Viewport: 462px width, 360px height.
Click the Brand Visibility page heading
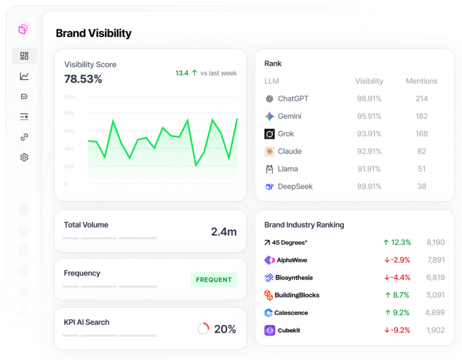point(93,34)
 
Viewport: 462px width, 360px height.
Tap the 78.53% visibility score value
point(83,79)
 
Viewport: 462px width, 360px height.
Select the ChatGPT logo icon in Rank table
point(269,99)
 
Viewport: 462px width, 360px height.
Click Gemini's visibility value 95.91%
point(369,116)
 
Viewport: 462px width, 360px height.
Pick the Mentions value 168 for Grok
point(421,134)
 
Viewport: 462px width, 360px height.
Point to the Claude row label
point(290,151)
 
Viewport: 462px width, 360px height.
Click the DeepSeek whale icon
point(269,187)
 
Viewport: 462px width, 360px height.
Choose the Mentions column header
point(421,81)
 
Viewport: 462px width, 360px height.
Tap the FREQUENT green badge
point(214,280)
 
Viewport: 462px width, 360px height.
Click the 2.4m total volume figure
point(224,231)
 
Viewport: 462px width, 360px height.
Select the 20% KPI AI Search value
point(225,329)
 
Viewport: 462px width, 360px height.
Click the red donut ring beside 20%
point(203,328)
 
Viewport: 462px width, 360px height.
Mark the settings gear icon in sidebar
point(24,158)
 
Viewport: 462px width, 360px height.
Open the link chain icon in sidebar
point(24,137)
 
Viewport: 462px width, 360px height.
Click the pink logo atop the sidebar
point(23,29)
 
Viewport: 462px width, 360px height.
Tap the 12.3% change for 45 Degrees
point(397,243)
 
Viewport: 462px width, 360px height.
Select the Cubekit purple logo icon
point(269,330)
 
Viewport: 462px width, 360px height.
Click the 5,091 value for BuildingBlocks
point(435,295)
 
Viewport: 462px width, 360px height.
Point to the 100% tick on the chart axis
point(70,97)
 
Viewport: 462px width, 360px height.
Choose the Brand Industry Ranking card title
point(304,225)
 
